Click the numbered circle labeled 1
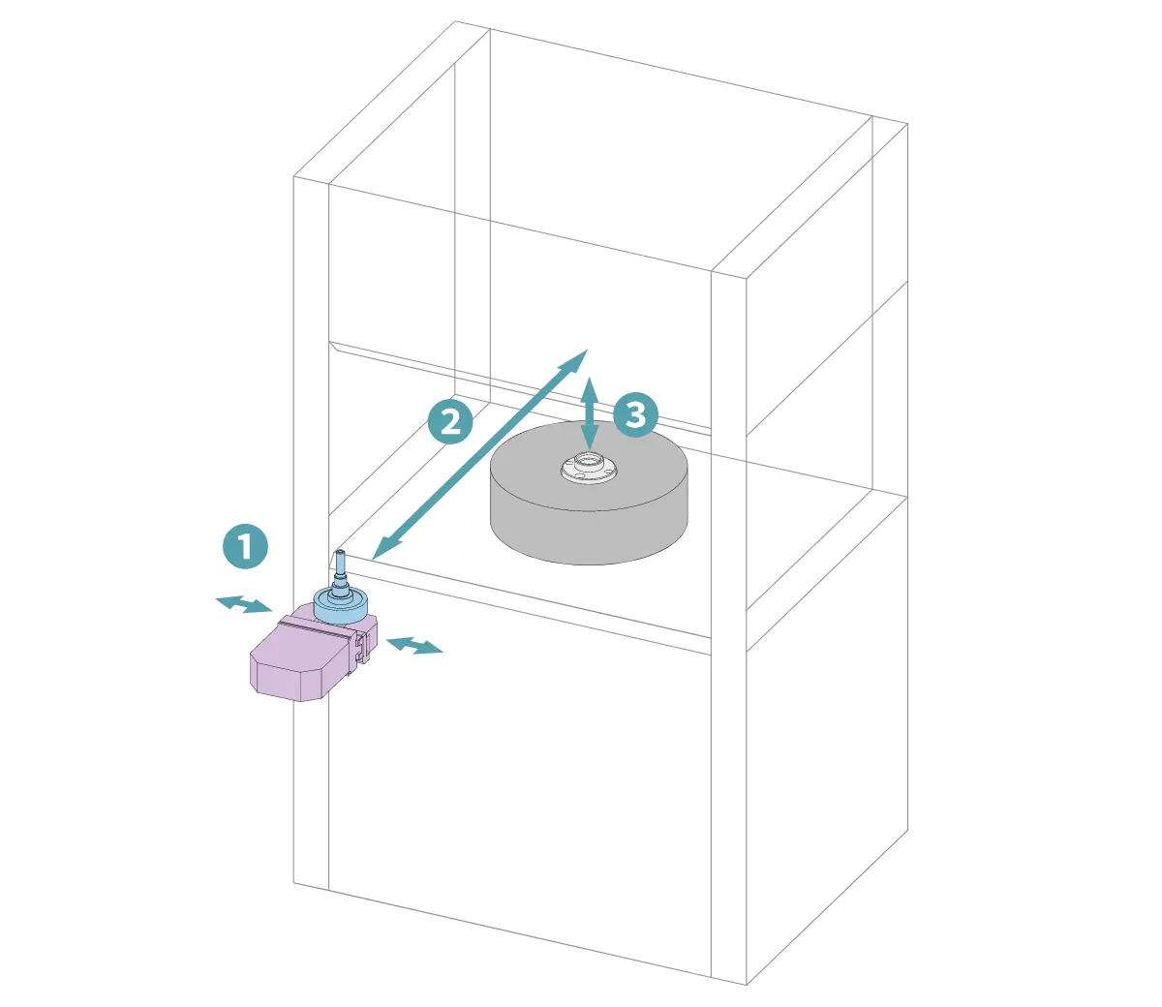click(x=245, y=546)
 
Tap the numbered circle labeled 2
click(x=450, y=421)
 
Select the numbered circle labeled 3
click(x=635, y=415)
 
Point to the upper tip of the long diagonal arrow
click(x=588, y=350)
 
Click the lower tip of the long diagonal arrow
click(x=372, y=560)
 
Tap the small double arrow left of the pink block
click(x=244, y=604)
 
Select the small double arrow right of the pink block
click(x=414, y=645)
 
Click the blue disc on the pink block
click(x=340, y=605)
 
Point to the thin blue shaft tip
click(x=340, y=553)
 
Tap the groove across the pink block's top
click(x=319, y=626)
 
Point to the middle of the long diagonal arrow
click(x=479, y=455)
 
